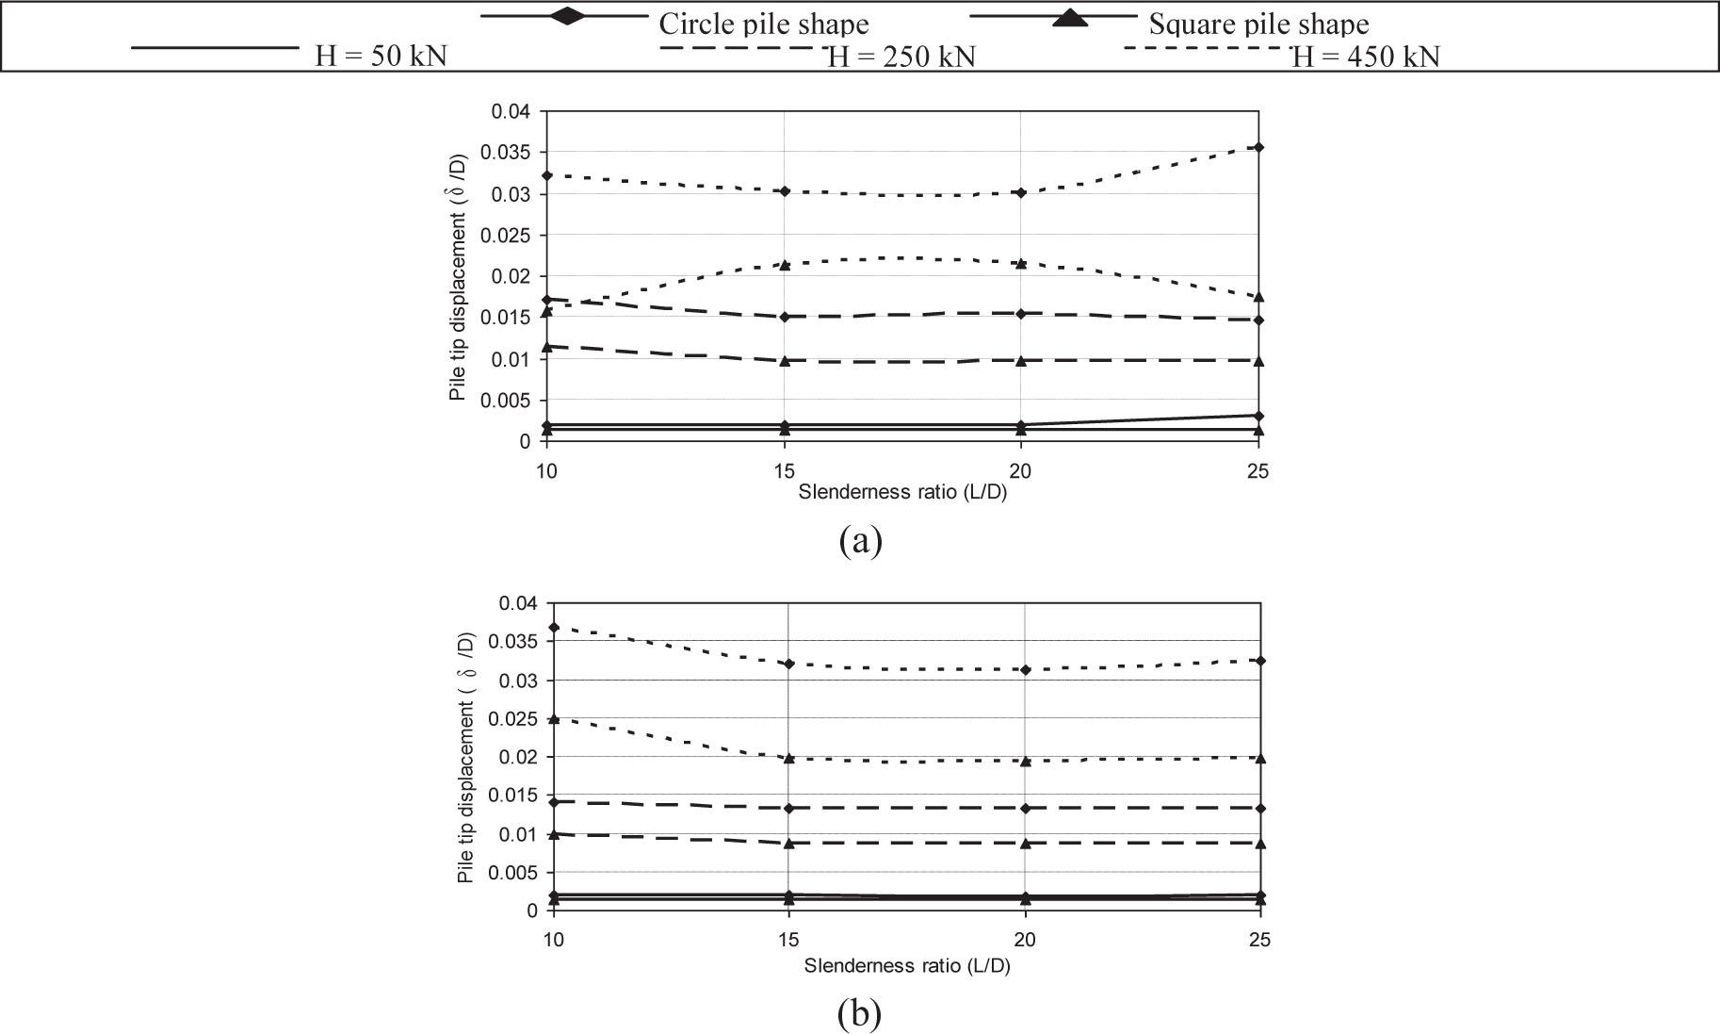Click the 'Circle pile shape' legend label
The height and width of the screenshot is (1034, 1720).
point(763,24)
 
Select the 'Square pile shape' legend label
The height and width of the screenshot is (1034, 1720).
point(1258,24)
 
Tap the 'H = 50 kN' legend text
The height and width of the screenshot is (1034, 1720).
point(381,57)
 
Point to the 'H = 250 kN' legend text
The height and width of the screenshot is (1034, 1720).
point(901,57)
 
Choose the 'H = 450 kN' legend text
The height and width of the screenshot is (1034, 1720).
point(1366,57)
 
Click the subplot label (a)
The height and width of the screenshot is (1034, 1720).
point(860,541)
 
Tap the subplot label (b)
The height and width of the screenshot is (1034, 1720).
point(860,1013)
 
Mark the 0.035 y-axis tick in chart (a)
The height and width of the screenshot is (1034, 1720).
point(507,153)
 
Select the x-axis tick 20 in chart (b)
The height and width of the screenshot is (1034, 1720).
point(1025,940)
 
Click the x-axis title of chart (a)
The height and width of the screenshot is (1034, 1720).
point(902,492)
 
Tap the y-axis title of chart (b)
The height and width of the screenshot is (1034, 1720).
point(465,757)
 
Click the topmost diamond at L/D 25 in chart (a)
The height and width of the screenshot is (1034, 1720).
point(1258,147)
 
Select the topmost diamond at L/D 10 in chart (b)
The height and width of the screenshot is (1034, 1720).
point(554,628)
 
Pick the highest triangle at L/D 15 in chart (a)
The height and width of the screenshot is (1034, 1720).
point(784,265)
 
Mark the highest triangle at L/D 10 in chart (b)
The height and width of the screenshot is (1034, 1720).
point(554,719)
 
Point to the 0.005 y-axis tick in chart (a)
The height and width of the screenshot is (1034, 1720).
point(507,401)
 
